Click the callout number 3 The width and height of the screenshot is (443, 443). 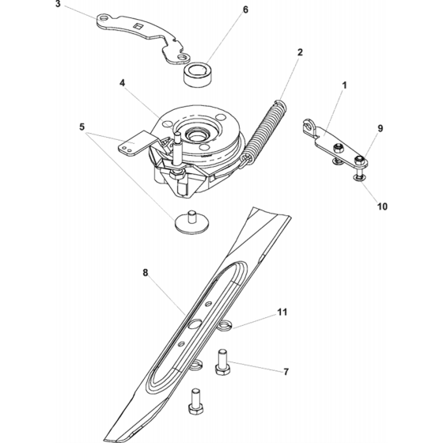[58, 4]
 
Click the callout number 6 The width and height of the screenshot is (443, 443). [245, 9]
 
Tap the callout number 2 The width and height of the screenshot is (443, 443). [300, 52]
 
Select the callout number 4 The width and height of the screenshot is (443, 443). [122, 83]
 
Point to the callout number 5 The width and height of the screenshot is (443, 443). [82, 127]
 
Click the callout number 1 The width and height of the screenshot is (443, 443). [344, 85]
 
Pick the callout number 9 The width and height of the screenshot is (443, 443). [381, 128]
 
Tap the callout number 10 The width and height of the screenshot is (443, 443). [382, 206]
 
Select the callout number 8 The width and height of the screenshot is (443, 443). [146, 273]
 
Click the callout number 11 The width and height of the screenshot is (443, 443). [282, 312]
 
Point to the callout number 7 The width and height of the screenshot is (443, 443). [286, 372]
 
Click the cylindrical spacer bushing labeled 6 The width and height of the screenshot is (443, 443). [198, 74]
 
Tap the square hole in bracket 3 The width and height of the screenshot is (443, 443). [138, 26]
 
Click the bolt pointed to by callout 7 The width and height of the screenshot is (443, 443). [222, 362]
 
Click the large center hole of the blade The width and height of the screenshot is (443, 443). [195, 324]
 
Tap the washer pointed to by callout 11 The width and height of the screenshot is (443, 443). [225, 325]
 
